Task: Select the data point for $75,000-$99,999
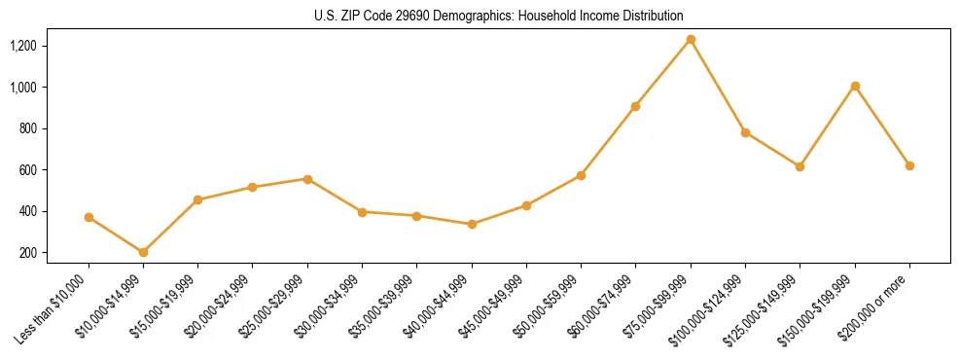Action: tap(691, 40)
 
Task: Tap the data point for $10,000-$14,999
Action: tap(143, 252)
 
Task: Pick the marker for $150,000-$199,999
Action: tap(855, 87)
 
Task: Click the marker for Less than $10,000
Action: tap(89, 217)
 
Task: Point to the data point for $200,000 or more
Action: tap(909, 165)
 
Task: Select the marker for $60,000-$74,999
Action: tap(635, 106)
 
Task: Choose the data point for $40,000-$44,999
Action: tap(472, 224)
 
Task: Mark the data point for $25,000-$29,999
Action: tap(307, 179)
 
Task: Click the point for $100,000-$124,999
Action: tap(745, 132)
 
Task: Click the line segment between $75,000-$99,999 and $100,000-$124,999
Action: tap(718, 87)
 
